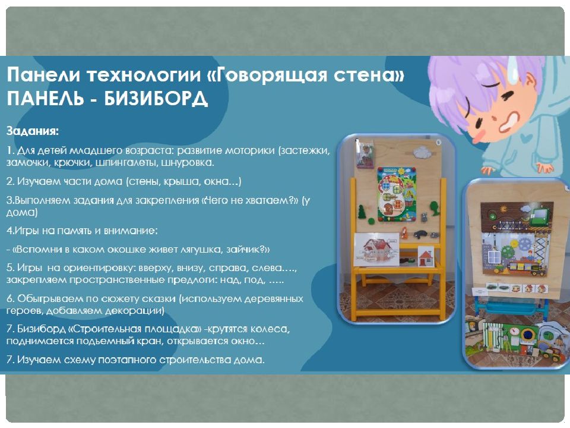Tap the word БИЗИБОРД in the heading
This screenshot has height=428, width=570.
coord(156,98)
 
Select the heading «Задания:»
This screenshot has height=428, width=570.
coord(32,131)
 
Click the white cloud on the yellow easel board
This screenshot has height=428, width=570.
coord(422,152)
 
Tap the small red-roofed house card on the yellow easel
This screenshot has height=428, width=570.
coord(426,257)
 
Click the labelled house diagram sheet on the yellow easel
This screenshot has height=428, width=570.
coord(376,249)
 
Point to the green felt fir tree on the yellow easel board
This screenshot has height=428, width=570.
coord(362,212)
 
